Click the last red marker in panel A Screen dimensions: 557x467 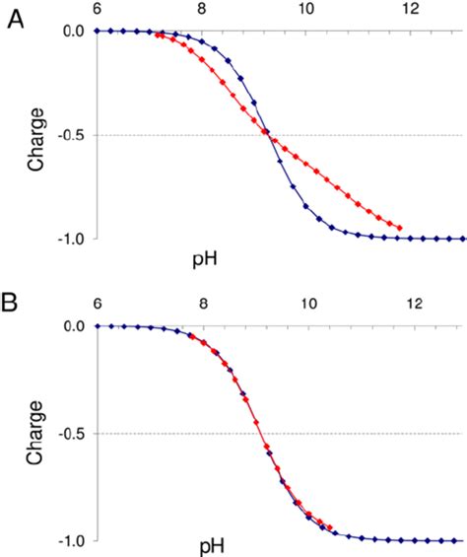click(x=399, y=228)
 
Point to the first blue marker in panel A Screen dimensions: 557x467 click(x=97, y=32)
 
